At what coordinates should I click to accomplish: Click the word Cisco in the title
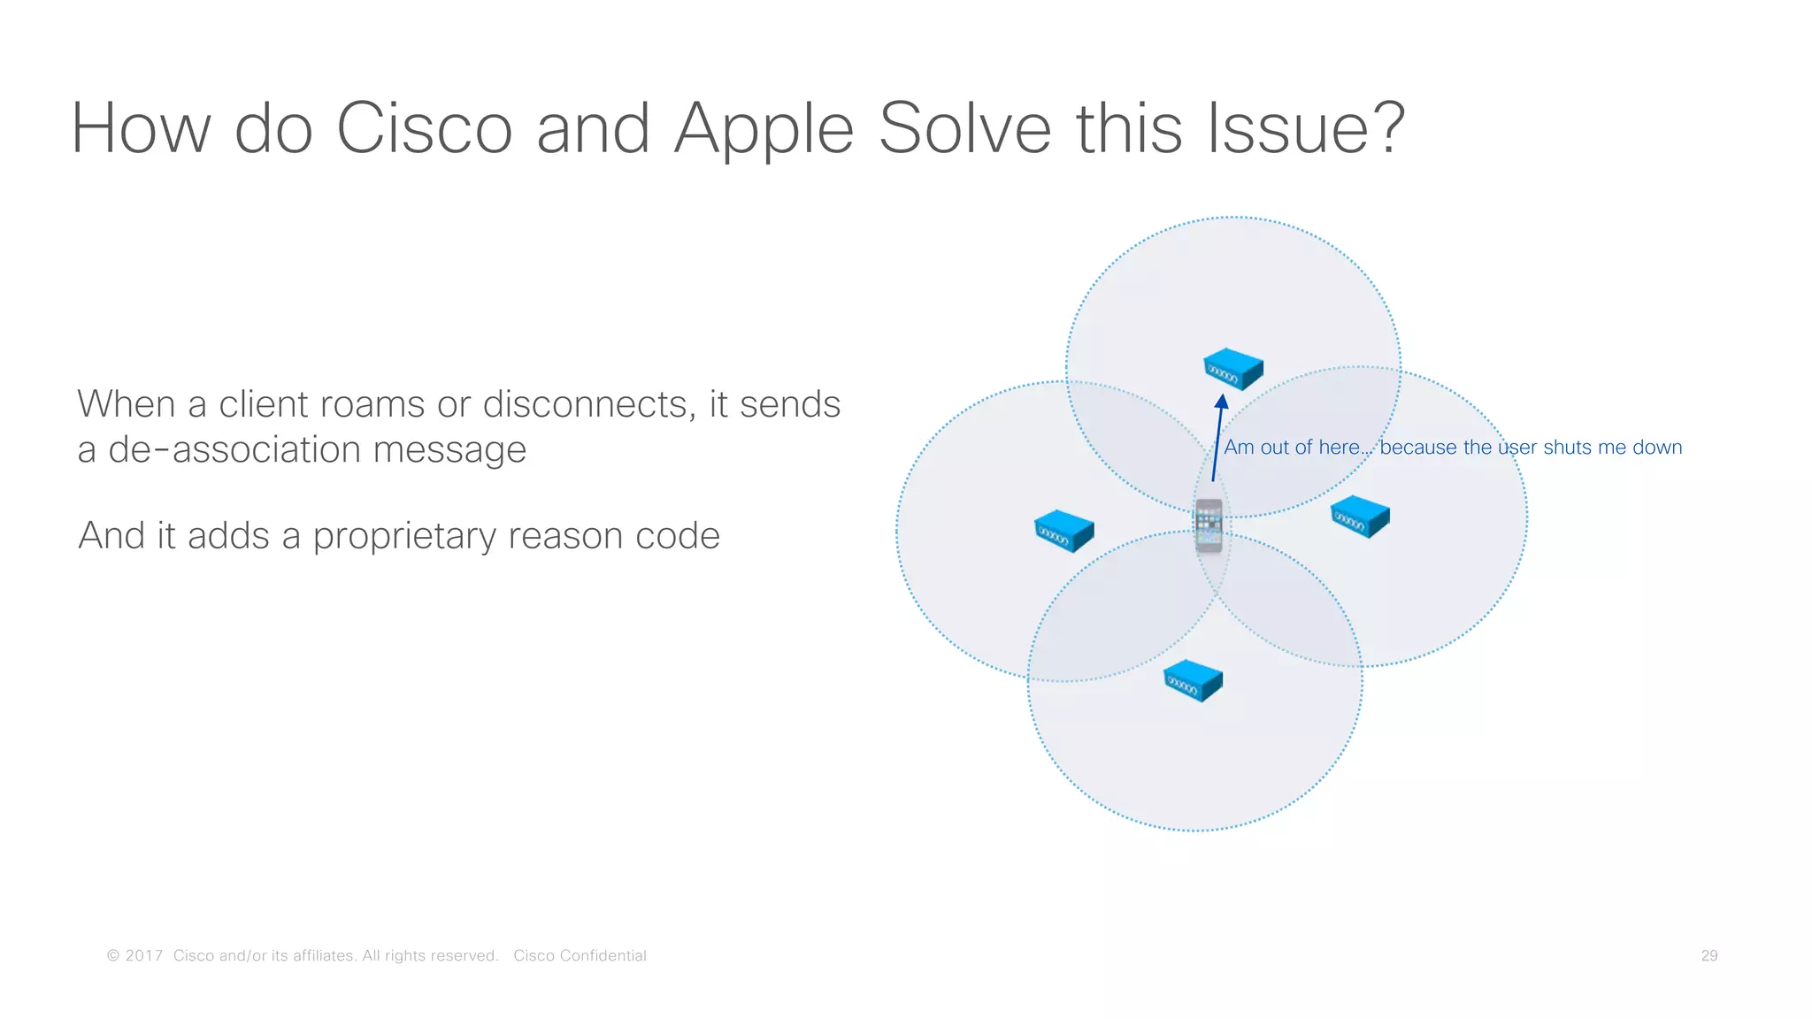(424, 129)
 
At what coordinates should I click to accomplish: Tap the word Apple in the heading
(763, 129)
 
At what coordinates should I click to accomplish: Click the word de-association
(234, 450)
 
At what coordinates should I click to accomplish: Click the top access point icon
(1232, 369)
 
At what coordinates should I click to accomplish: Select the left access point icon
(1063, 531)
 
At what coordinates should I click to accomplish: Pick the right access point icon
(1360, 517)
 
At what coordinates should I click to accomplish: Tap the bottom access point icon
(1192, 680)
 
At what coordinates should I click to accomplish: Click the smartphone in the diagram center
(1209, 525)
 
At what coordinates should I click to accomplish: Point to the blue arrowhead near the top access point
(1221, 402)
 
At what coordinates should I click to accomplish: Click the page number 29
(1708, 956)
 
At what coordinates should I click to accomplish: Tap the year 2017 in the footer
(143, 956)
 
